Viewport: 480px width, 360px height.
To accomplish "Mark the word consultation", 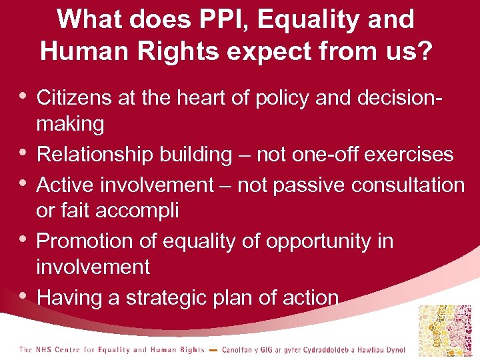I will [x=408, y=185].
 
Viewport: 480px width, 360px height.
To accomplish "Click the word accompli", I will [x=137, y=211].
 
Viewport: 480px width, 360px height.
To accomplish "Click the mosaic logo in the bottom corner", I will [x=444, y=331].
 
